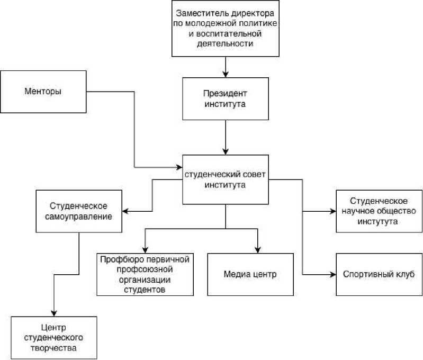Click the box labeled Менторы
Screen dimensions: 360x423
coord(43,91)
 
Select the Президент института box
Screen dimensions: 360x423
coord(225,98)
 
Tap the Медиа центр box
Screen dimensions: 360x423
coord(250,274)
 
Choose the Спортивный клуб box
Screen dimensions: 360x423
coord(379,274)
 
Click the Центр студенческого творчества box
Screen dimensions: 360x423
coord(54,338)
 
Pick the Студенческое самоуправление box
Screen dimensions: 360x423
coord(79,211)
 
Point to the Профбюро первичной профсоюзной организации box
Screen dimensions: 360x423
coord(145,274)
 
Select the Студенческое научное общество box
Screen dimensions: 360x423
coord(379,211)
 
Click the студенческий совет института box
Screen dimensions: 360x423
coord(225,179)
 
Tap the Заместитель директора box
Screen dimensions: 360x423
coord(225,29)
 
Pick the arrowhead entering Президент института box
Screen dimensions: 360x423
coord(226,75)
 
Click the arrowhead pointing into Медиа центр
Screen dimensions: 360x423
coord(258,250)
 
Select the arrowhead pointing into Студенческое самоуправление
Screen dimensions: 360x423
coord(127,211)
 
